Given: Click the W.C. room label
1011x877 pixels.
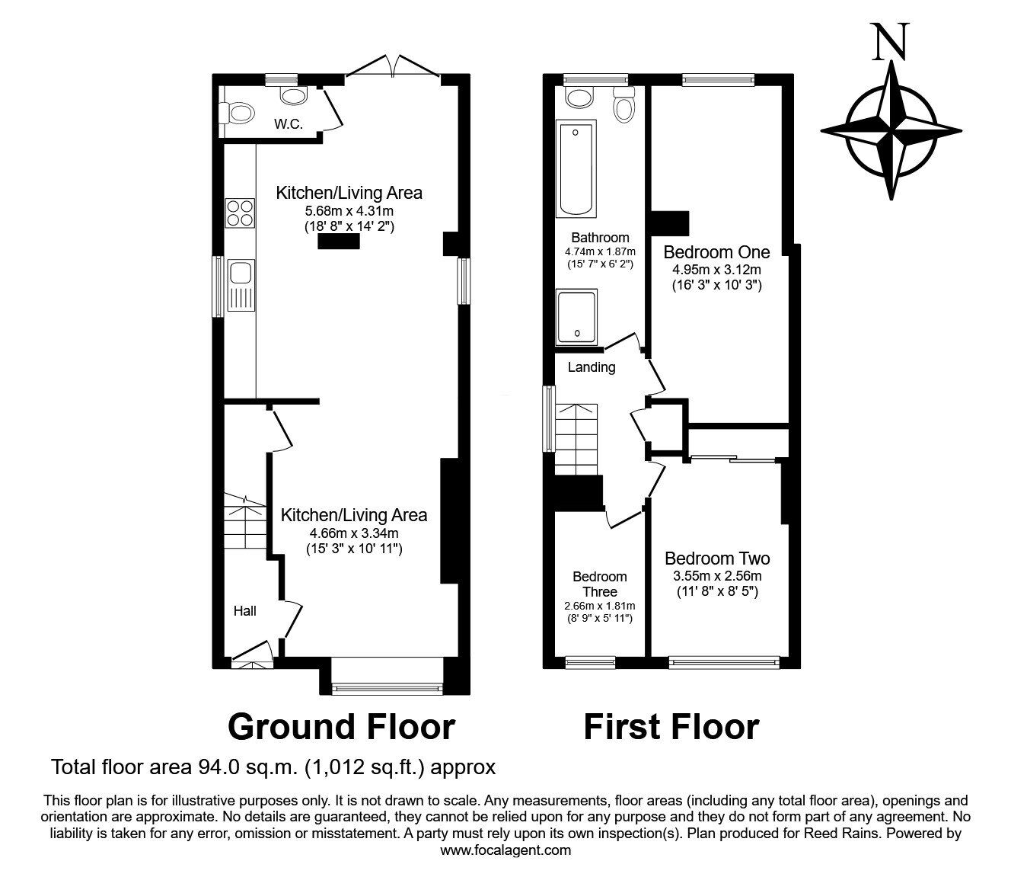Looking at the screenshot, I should pyautogui.click(x=289, y=124).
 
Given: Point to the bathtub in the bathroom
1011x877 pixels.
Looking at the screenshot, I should pyautogui.click(x=576, y=169).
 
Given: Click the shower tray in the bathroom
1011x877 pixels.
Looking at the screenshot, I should pyautogui.click(x=578, y=317).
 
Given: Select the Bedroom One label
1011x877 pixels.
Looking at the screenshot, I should pyautogui.click(x=716, y=252).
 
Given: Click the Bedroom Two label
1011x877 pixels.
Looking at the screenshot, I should pyautogui.click(x=716, y=559).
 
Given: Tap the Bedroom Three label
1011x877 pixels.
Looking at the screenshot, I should pyautogui.click(x=601, y=584).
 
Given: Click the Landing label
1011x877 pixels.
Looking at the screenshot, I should pyautogui.click(x=592, y=367).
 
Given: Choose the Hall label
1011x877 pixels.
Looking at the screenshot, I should pyautogui.click(x=245, y=610).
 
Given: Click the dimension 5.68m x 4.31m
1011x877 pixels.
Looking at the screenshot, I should pyautogui.click(x=349, y=211).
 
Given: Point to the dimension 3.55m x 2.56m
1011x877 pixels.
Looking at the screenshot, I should pyautogui.click(x=716, y=576).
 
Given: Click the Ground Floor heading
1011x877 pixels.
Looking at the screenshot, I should pyautogui.click(x=341, y=727).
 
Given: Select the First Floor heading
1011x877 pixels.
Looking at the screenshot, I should pyautogui.click(x=671, y=727).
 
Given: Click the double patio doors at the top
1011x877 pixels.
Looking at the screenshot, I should pyautogui.click(x=393, y=66).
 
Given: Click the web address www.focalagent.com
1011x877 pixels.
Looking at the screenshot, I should pyautogui.click(x=505, y=850).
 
